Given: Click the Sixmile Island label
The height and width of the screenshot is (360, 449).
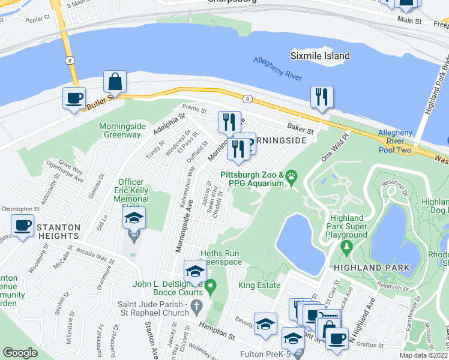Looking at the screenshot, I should pyautogui.click(x=320, y=56).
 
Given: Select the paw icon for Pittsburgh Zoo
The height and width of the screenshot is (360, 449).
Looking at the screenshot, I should pyautogui.click(x=292, y=176).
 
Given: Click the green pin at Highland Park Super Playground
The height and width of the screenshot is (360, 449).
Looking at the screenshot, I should pyautogui.click(x=346, y=247).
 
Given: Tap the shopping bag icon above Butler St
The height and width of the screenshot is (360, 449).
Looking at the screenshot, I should pyautogui.click(x=115, y=82).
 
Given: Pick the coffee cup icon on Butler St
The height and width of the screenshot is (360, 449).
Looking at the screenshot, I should pyautogui.click(x=74, y=98).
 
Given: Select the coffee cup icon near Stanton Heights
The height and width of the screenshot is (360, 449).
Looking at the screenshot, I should pyautogui.click(x=22, y=226).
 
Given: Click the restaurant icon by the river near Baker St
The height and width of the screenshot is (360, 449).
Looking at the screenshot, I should pyautogui.click(x=322, y=97).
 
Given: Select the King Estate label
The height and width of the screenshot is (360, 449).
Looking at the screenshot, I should pyautogui.click(x=259, y=285).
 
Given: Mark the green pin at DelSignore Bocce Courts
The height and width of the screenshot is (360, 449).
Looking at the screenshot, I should pyautogui.click(x=210, y=288).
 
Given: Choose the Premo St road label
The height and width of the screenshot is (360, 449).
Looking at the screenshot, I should pyautogui.click(x=194, y=111).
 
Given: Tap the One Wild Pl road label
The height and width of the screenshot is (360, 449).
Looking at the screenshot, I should pyautogui.click(x=334, y=147).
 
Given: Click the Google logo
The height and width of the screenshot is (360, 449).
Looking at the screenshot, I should pyautogui.click(x=20, y=353).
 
